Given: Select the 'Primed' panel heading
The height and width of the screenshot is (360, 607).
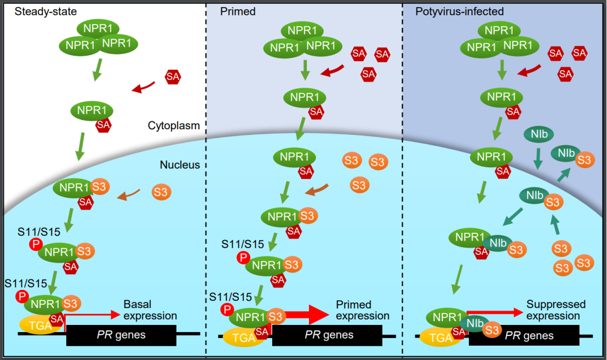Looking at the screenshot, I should pos(238,12).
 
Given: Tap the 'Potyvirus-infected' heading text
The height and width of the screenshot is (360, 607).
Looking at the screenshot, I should pos(453,12).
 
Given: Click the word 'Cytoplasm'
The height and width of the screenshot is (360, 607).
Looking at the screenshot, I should pos(174,125).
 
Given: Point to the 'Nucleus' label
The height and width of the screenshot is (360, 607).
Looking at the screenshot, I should pos(180,164).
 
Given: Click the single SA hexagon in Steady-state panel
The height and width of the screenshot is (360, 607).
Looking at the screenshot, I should pos(173,77).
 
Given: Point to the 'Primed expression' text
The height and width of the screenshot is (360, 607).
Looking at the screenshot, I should pos(362,310).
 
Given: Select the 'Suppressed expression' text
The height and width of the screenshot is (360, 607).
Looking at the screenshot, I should pos(556,310).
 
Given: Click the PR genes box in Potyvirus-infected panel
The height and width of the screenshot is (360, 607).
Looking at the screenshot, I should pos(527,335).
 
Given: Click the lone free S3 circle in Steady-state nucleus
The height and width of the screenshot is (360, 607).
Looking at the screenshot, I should pos(161,192).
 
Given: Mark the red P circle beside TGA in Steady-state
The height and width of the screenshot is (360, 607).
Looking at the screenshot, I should pos(22,296).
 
